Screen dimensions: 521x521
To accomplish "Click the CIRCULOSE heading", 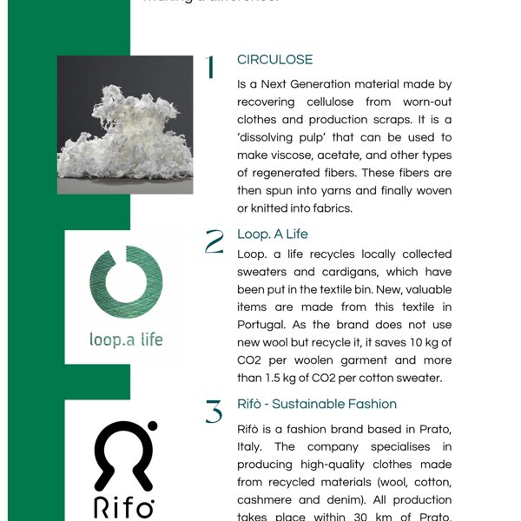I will [x=274, y=60].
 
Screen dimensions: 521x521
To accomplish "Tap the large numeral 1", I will [x=210, y=68].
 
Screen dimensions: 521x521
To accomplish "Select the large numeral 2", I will [x=214, y=242].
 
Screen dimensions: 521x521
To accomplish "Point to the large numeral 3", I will [x=214, y=412].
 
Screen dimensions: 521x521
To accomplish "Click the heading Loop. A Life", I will [x=272, y=234].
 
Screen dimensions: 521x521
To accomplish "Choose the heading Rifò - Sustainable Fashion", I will [x=316, y=404].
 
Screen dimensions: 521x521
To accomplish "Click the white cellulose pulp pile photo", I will [x=124, y=124].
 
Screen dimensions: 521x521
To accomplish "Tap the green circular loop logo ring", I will [x=125, y=282].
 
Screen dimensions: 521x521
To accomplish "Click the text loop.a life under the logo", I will [x=125, y=339].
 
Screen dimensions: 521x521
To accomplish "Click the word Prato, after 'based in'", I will [x=431, y=430].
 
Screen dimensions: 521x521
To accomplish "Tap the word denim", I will [x=346, y=482].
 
